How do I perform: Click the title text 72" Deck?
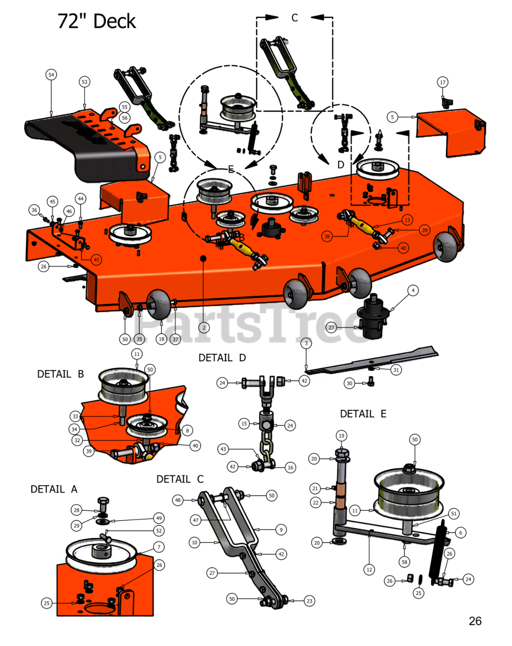96,21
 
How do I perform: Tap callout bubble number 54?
51,75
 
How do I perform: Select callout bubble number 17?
442,82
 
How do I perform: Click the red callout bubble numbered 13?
407,220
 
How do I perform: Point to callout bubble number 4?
413,290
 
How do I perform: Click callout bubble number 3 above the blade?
306,343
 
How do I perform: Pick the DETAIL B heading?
61,374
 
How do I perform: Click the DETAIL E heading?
363,414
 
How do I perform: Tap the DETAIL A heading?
54,489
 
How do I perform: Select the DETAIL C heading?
180,479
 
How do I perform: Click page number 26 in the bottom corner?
475,621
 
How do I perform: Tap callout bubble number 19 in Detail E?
342,436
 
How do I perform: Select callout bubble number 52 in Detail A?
159,531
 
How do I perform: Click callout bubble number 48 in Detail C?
178,500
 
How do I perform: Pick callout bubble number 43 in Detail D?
223,449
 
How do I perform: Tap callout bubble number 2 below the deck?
204,328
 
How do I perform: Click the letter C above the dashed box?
295,18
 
